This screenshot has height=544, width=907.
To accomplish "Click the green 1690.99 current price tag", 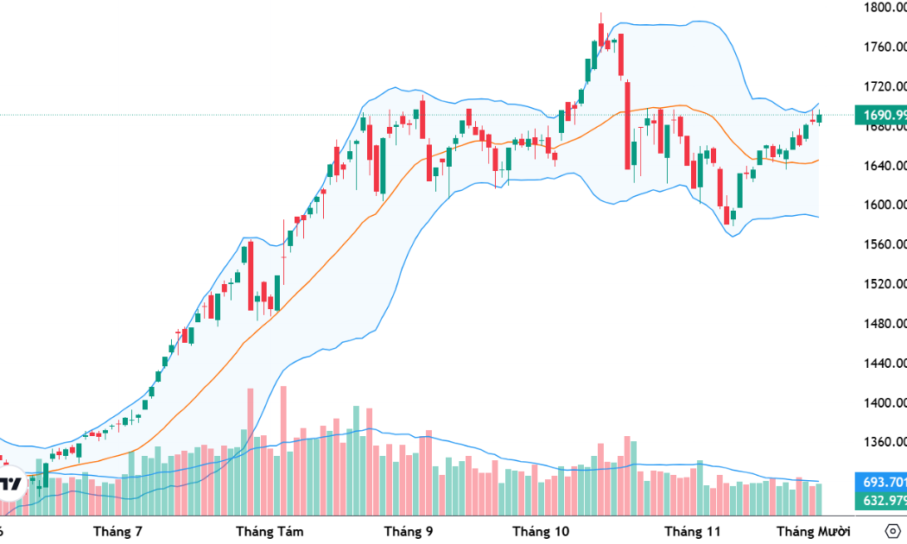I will point(879,115).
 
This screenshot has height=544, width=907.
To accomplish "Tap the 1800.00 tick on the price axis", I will point(884,8).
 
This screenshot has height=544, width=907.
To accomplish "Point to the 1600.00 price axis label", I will point(884,205).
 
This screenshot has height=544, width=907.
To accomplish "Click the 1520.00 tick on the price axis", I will point(884,284).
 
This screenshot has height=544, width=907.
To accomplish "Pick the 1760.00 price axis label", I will point(884,47).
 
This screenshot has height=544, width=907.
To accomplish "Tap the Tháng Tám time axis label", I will point(270,530).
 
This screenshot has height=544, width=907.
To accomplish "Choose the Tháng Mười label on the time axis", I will point(813,530).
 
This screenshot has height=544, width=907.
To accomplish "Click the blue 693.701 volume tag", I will point(879,482).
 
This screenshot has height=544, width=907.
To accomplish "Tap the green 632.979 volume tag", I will point(879,500).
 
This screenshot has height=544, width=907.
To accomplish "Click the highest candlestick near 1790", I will point(601,33).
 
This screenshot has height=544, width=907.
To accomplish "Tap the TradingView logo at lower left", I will point(10,484).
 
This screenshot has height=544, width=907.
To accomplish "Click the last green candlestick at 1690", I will point(819,117).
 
